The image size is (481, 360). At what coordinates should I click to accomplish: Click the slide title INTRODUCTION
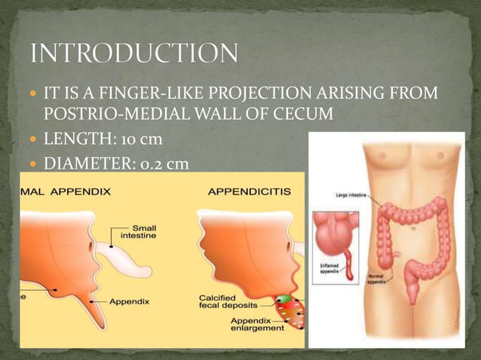point(134,54)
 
